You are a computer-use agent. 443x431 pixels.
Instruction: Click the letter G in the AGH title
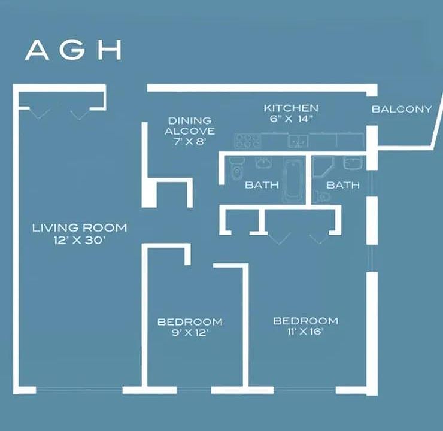pos(72,50)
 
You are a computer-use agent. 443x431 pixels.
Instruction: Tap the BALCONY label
pos(402,109)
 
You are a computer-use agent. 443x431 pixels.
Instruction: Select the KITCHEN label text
pos(291,108)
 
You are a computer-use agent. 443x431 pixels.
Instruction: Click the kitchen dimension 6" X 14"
pos(291,119)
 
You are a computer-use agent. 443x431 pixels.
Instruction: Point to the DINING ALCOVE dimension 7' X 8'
pos(190,141)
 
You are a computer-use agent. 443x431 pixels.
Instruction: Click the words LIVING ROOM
pos(80,228)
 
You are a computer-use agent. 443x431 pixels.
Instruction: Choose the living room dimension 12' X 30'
pos(80,241)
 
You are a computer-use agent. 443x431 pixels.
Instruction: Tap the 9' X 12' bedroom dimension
pos(190,333)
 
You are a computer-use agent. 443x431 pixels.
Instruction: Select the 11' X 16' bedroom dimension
pos(306,331)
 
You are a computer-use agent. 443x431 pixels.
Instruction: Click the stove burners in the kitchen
pos(248,141)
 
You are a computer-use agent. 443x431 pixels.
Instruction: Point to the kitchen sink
pos(298,141)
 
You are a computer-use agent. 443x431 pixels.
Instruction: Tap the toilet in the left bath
pos(236,169)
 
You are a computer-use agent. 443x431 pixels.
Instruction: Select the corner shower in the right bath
pos(323,167)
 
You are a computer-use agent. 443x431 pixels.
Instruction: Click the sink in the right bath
pos(353,163)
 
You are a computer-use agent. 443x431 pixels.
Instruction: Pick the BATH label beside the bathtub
pos(262,185)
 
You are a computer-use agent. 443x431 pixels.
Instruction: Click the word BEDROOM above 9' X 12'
pos(190,322)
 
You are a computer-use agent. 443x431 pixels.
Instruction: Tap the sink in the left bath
pos(264,163)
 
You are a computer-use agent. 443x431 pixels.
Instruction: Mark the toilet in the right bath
pos(323,196)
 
